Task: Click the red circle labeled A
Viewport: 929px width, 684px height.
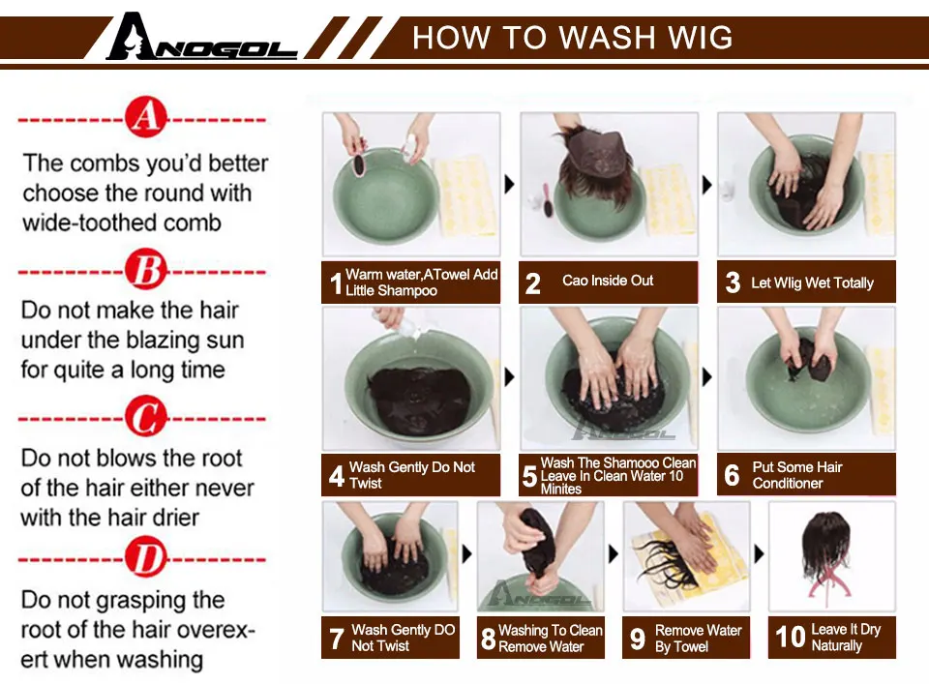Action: pos(146,117)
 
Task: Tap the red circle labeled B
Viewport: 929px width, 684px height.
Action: pos(146,270)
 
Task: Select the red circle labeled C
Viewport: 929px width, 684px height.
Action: pos(146,416)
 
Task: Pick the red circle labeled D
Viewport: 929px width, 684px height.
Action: pos(146,557)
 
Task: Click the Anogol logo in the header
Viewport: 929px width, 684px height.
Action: pos(201,38)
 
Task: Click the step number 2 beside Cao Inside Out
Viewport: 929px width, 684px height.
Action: pos(532,283)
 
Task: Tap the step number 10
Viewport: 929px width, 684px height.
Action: pos(791,637)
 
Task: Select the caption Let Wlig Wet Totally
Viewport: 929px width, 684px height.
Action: pos(812,283)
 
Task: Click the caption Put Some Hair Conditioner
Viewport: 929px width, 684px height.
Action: pos(797,475)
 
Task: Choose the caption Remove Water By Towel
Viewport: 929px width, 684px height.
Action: pos(698,638)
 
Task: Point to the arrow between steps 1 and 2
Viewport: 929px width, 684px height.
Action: pos(510,184)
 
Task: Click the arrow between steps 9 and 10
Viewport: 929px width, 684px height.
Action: pos(759,553)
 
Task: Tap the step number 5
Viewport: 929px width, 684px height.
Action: pos(529,476)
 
